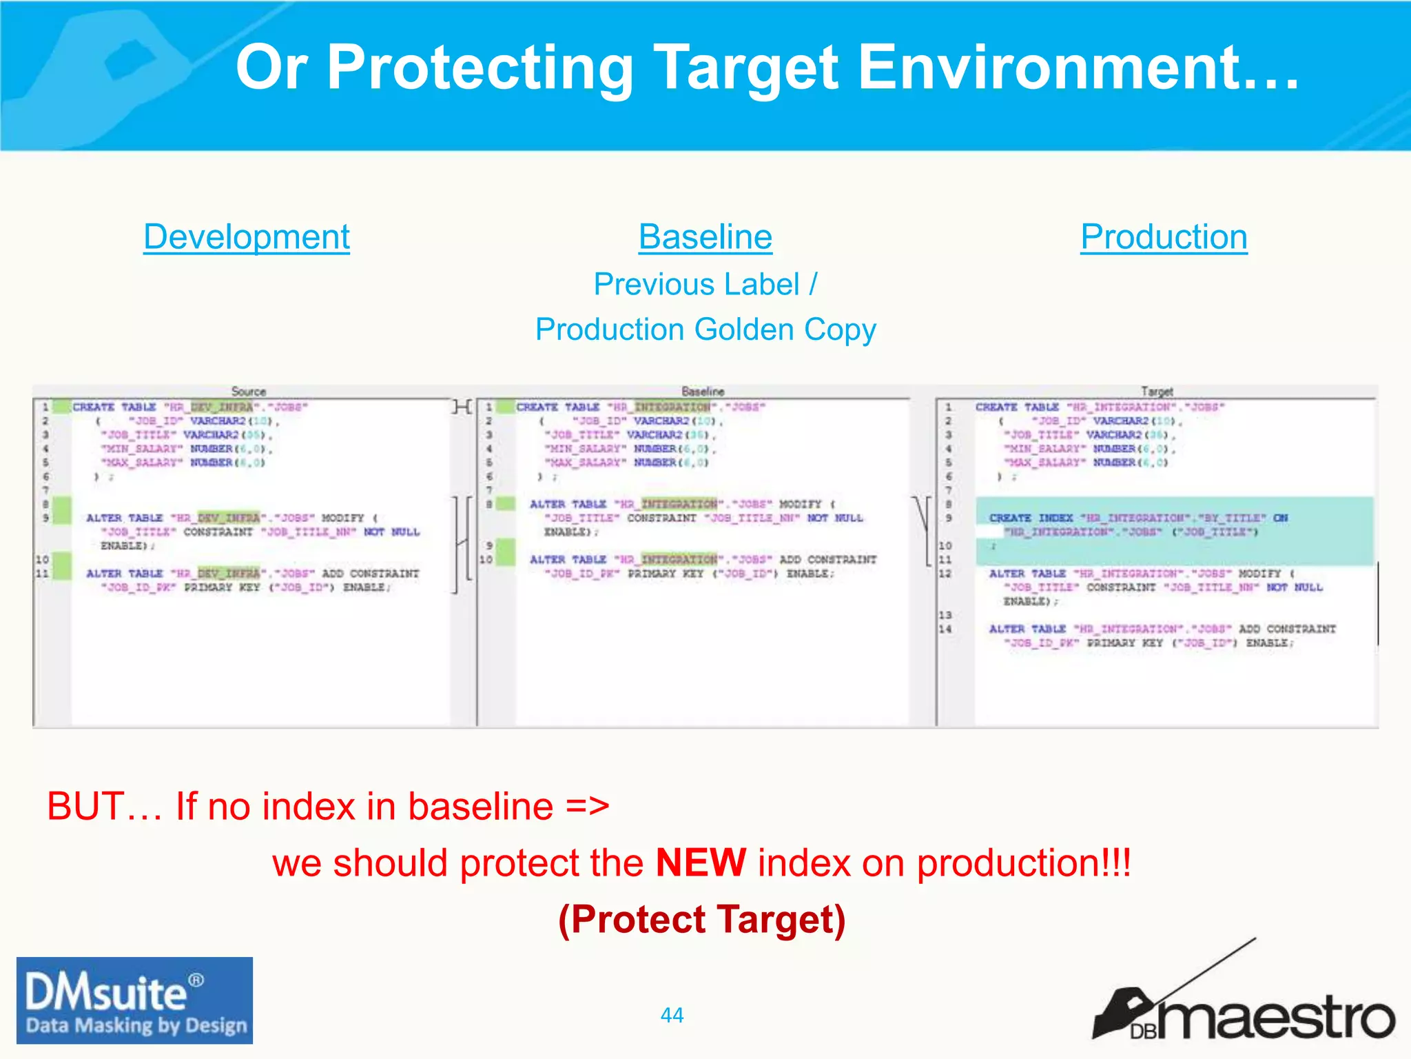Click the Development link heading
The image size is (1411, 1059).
pyautogui.click(x=247, y=237)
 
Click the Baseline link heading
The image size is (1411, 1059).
pyautogui.click(x=705, y=237)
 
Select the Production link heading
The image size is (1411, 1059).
pyautogui.click(x=1164, y=237)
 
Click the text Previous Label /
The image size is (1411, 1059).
pyautogui.click(x=705, y=284)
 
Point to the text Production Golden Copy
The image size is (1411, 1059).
pyautogui.click(x=705, y=330)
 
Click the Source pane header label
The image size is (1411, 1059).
pyautogui.click(x=248, y=391)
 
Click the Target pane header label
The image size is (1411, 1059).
pyautogui.click(x=1157, y=391)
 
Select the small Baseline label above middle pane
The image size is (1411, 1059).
pyautogui.click(x=703, y=391)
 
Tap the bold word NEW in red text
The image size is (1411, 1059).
pyautogui.click(x=701, y=863)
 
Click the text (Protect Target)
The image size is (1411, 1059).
pyautogui.click(x=701, y=920)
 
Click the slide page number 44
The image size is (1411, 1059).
pyautogui.click(x=672, y=1015)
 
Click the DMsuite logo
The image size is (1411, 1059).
pyautogui.click(x=135, y=1000)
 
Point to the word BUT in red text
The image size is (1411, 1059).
pyautogui.click(x=85, y=806)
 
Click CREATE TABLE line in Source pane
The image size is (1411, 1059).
pyautogui.click(x=189, y=407)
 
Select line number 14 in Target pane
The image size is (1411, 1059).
pyautogui.click(x=945, y=629)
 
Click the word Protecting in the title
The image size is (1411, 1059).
pyautogui.click(x=480, y=67)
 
